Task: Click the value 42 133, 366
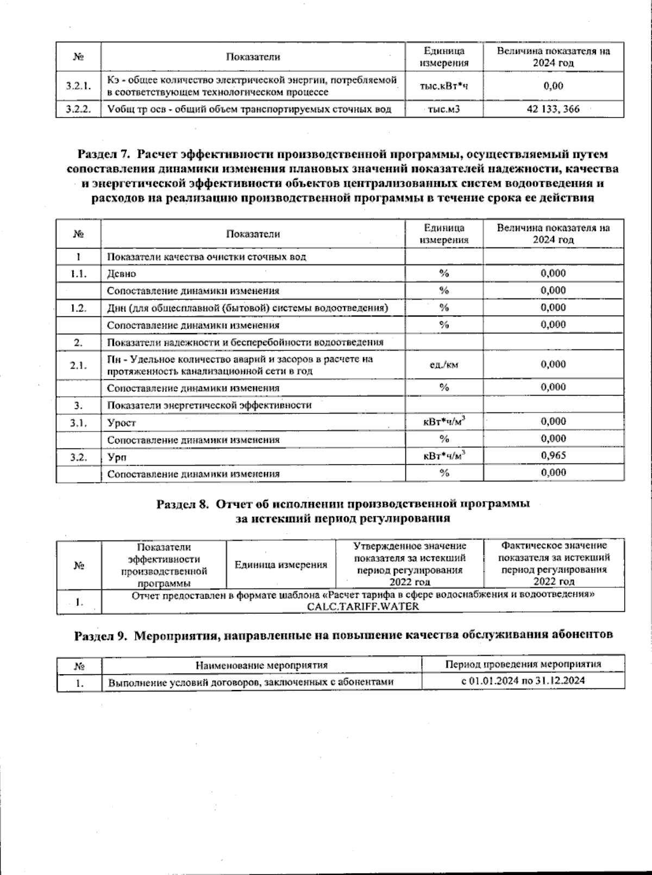tap(553, 109)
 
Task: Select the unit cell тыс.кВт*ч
tap(444, 86)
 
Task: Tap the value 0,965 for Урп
tap(553, 455)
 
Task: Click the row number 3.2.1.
tap(78, 86)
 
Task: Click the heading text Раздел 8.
tap(183, 504)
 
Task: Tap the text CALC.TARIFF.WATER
tap(363, 606)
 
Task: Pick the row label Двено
tap(122, 274)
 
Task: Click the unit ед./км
tap(444, 365)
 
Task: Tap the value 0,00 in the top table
tap(553, 86)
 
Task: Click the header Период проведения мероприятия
tap(523, 664)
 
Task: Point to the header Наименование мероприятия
tap(261, 665)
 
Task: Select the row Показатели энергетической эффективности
tap(209, 405)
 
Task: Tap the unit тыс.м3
tap(444, 109)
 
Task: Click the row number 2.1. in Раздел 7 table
tap(78, 365)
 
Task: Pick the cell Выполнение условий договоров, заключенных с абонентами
tap(250, 682)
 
